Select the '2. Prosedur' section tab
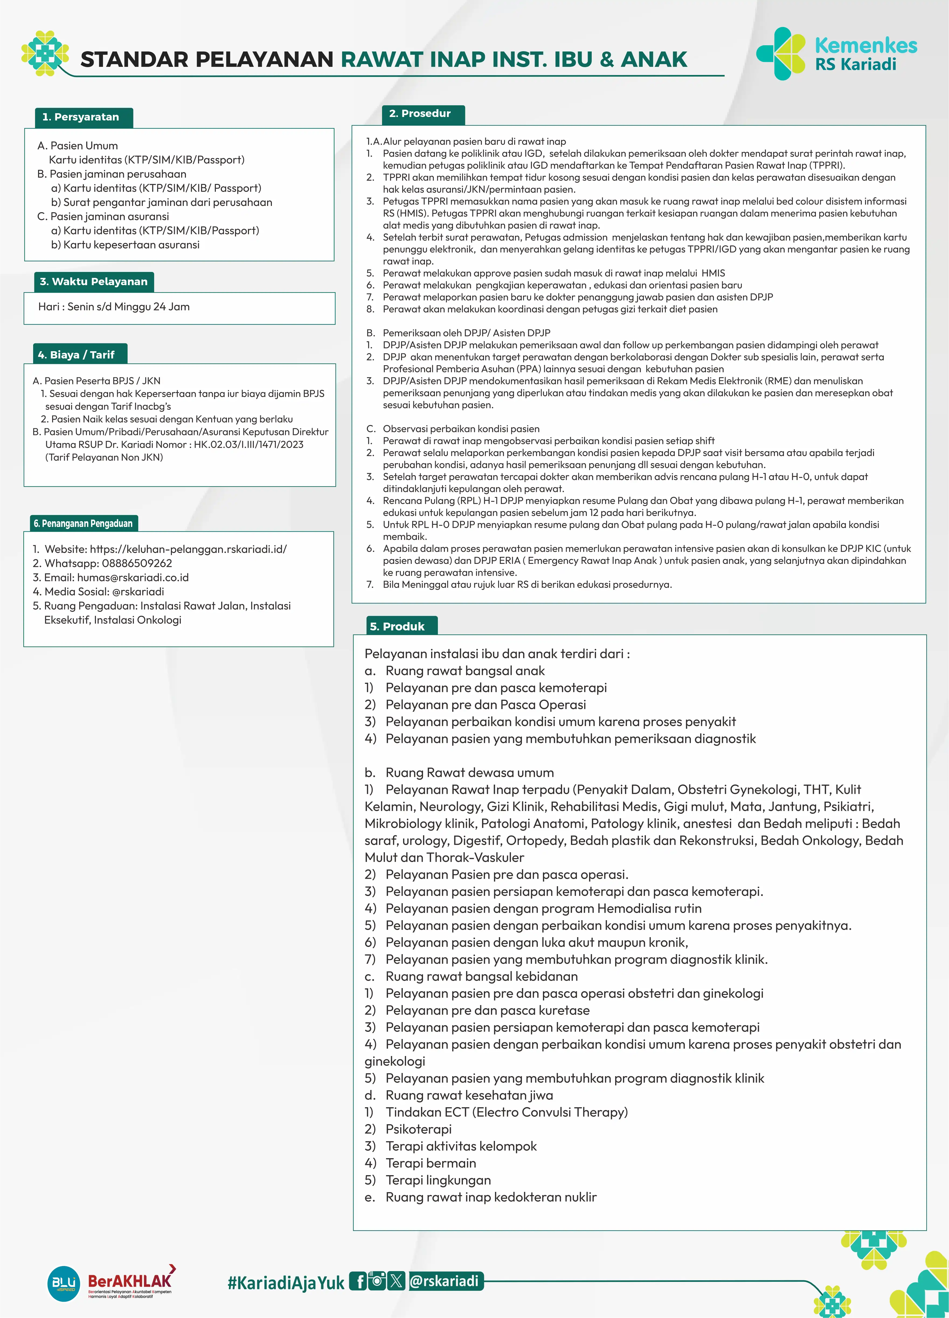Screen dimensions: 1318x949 419,113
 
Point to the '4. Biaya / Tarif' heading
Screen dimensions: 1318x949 76,354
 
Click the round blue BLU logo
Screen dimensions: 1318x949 63,1283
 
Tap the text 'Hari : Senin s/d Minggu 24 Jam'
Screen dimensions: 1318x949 114,307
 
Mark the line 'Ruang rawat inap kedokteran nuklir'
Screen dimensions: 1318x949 491,1197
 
